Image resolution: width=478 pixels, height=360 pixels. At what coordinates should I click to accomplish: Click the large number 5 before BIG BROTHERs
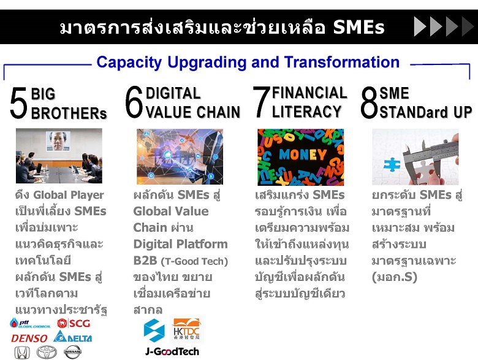[x=18, y=103]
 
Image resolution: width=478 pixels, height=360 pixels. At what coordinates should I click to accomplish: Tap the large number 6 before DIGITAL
[x=134, y=102]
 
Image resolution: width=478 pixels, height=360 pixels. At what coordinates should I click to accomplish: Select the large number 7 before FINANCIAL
[x=261, y=102]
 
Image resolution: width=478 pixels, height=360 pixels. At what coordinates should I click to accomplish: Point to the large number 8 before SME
[x=369, y=102]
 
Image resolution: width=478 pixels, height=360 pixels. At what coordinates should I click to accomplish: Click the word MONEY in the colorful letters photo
[x=303, y=155]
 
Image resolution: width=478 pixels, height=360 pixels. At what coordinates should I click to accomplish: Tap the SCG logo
[x=74, y=323]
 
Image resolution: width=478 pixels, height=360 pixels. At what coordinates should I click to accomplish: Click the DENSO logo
[x=29, y=338]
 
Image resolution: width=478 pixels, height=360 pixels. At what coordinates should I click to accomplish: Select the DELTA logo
[x=72, y=337]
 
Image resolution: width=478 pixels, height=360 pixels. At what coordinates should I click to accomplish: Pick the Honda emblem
[x=22, y=353]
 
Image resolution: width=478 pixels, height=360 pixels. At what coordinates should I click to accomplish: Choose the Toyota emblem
[x=47, y=353]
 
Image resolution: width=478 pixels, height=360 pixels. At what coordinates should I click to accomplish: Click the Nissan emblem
[x=72, y=352]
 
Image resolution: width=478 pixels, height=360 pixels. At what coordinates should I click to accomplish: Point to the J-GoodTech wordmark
[x=172, y=351]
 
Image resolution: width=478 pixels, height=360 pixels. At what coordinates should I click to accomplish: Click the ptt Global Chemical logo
[x=30, y=323]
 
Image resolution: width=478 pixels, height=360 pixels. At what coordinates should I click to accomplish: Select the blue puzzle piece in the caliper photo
[x=392, y=165]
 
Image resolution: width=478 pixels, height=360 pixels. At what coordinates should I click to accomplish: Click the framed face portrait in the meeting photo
[x=58, y=141]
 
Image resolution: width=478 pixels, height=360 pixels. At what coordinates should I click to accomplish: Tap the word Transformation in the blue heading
[x=342, y=62]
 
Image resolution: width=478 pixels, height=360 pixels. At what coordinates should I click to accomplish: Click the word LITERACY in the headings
[x=306, y=112]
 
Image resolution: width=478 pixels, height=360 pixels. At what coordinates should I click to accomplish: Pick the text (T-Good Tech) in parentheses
[x=194, y=261]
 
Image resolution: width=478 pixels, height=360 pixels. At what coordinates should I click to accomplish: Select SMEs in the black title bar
[x=358, y=27]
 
